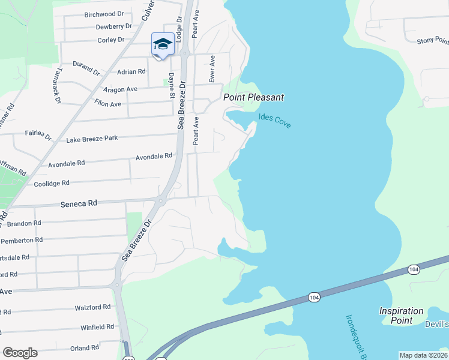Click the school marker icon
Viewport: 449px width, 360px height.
point(163,44)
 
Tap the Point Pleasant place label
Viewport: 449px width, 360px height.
point(253,97)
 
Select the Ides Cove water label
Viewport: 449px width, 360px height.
point(275,120)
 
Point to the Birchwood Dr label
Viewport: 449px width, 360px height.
point(103,14)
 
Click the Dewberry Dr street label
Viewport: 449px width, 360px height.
point(113,26)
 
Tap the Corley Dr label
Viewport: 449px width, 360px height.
point(110,40)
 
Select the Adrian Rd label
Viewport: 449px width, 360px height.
point(132,71)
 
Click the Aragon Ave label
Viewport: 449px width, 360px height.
point(121,89)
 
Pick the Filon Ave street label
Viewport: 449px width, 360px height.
point(108,104)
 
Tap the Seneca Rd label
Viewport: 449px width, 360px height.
point(79,204)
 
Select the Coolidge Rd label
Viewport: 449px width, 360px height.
point(52,183)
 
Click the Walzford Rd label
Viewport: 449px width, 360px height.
point(93,307)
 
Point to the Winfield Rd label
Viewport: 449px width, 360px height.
point(98,327)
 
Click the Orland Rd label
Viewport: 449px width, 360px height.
point(84,348)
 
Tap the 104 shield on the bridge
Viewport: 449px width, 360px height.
point(314,297)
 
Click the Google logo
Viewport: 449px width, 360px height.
point(20,353)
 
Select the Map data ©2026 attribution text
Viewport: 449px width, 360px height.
point(423,355)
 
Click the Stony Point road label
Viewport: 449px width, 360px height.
point(432,41)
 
